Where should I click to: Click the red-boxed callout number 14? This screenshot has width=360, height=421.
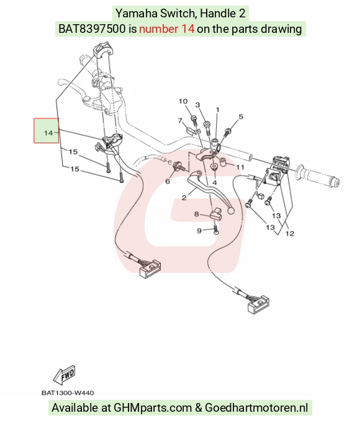pyautogui.click(x=48, y=133)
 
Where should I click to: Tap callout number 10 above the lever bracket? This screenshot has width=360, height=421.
pyautogui.click(x=183, y=101)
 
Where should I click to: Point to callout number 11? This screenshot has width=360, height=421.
pyautogui.click(x=240, y=167)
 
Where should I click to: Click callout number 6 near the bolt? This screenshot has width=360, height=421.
pyautogui.click(x=168, y=182)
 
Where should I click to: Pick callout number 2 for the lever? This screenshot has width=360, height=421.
pyautogui.click(x=184, y=198)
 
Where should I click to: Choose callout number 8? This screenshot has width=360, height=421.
pyautogui.click(x=197, y=215)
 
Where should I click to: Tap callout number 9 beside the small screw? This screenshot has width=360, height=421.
pyautogui.click(x=199, y=231)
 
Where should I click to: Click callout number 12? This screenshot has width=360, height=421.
pyautogui.click(x=290, y=234)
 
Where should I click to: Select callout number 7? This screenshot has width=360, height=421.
pyautogui.click(x=181, y=120)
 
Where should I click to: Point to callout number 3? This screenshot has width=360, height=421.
pyautogui.click(x=197, y=105)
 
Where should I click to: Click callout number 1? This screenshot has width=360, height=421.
pyautogui.click(x=217, y=110)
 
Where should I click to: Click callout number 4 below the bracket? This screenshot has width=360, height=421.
pyautogui.click(x=215, y=183)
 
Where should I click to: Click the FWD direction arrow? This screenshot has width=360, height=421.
pyautogui.click(x=65, y=375)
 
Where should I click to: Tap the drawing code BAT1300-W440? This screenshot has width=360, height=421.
pyautogui.click(x=68, y=393)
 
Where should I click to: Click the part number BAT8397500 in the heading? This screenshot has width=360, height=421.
pyautogui.click(x=92, y=29)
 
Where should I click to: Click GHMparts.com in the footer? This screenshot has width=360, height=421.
pyautogui.click(x=153, y=407)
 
